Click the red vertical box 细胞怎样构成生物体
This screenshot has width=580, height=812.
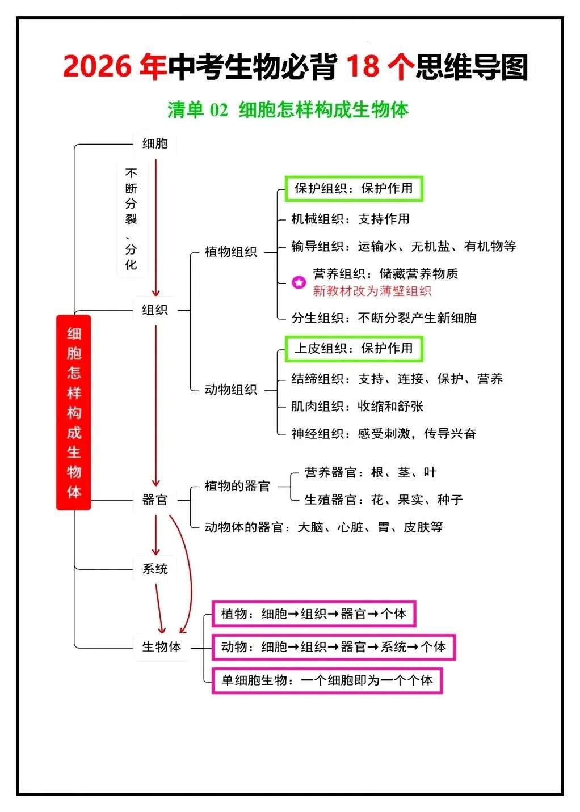[73, 412]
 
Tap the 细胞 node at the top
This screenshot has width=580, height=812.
[155, 144]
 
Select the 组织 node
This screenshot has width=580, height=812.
[155, 310]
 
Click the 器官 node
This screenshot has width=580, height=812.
[155, 500]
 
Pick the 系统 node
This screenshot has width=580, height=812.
[155, 569]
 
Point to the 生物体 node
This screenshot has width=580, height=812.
[161, 646]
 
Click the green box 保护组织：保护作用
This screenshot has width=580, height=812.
[354, 188]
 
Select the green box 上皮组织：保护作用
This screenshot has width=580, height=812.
[354, 349]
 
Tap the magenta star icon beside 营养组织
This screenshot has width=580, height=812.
[299, 282]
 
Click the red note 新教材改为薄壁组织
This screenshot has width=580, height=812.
[372, 291]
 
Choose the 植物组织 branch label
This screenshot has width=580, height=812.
[230, 252]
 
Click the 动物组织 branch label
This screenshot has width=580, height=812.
[230, 390]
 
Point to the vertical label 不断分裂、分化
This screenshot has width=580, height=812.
[131, 219]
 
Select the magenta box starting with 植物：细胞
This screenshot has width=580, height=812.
[314, 614]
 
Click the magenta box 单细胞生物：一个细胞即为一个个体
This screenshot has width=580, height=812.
[327, 680]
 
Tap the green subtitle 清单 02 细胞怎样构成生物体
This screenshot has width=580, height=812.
[288, 109]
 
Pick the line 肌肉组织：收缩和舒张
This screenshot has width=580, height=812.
[358, 406]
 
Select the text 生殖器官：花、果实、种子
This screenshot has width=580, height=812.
[384, 500]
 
